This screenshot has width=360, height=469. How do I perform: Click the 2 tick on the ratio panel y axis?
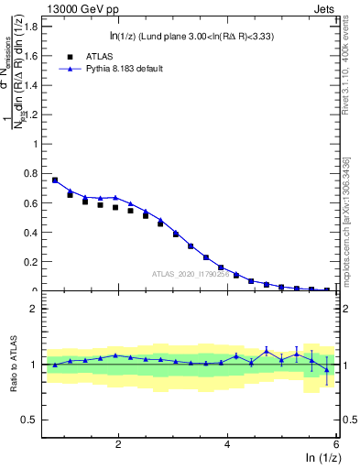[x=36, y=309]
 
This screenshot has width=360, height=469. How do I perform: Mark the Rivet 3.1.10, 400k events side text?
[x=351, y=64]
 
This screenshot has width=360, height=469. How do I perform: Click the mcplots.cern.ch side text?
[x=351, y=211]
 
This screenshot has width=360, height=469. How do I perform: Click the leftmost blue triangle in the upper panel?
[x=55, y=180]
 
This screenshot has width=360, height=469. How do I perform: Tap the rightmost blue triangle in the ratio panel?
[x=327, y=369]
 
